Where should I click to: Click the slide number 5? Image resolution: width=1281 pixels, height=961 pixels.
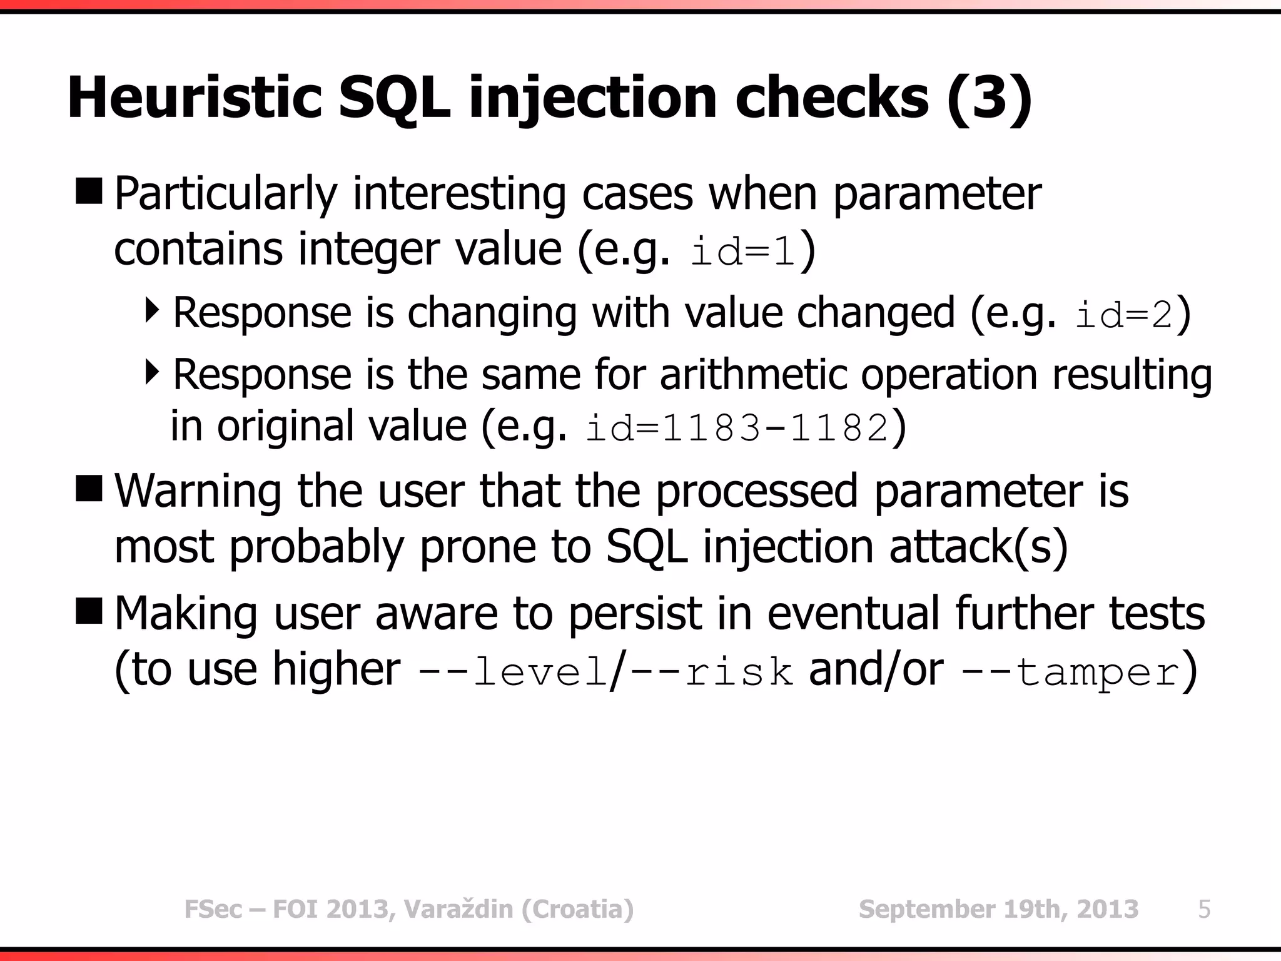coord(1204,909)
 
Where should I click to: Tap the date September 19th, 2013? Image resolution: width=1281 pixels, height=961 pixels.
coord(998,909)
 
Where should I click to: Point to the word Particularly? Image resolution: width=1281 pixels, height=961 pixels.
coord(226,194)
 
